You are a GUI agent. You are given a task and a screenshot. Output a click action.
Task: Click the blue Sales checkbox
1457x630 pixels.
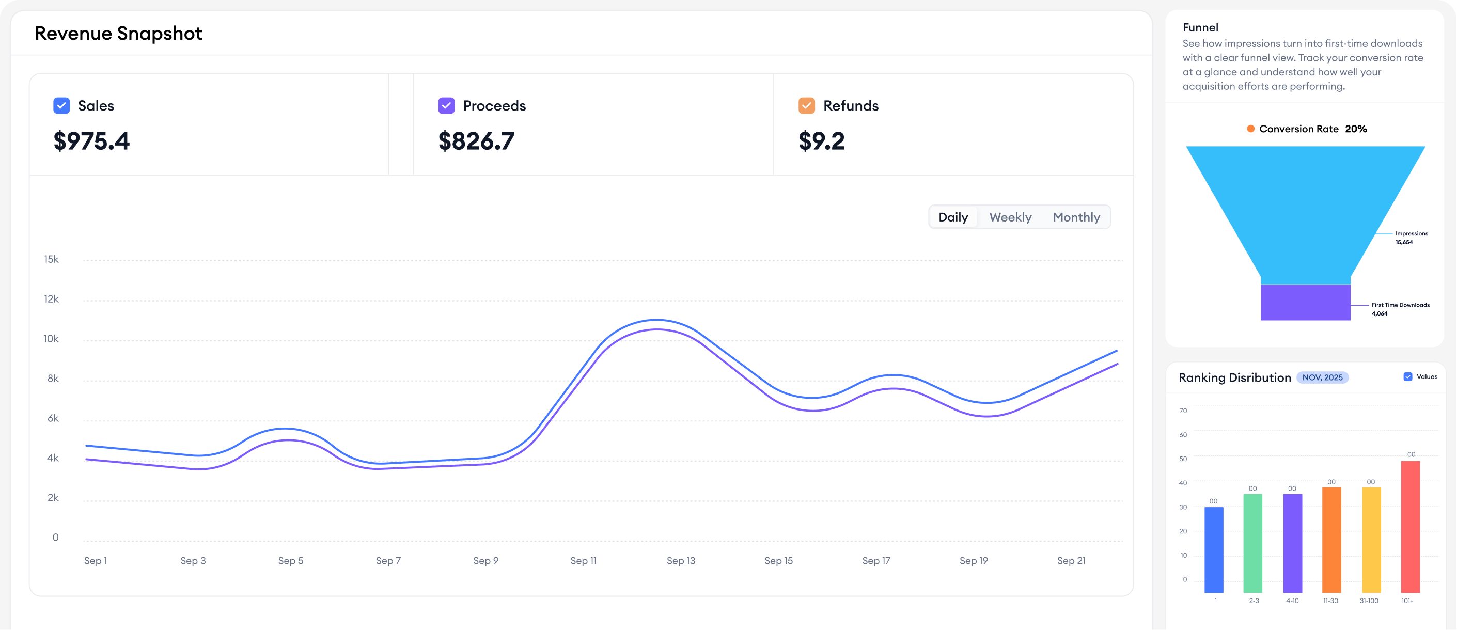coord(61,106)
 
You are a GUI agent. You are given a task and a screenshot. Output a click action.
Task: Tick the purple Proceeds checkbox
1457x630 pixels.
coord(446,106)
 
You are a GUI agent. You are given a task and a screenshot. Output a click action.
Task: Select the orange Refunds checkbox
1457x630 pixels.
coord(807,106)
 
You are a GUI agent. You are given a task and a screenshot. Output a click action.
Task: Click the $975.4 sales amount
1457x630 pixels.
coord(91,141)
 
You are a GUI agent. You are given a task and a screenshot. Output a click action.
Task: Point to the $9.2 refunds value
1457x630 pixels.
coord(821,141)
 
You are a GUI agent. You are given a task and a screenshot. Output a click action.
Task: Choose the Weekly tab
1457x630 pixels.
coord(1010,217)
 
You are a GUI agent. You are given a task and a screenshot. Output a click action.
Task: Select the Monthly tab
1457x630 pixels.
coord(1076,217)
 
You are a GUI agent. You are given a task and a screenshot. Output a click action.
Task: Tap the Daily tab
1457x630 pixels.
coord(953,217)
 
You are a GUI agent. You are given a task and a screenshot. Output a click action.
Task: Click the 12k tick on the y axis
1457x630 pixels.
coord(52,299)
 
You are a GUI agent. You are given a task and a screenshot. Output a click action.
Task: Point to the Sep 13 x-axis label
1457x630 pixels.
coord(681,560)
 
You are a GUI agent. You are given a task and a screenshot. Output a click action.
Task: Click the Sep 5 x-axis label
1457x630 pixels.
coord(291,560)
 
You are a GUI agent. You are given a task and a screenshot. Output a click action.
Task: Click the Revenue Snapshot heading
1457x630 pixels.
coord(119,34)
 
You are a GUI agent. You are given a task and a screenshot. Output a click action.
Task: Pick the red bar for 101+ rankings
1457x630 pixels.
coord(1410,526)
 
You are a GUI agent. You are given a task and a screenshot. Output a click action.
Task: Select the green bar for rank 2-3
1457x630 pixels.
coord(1253,543)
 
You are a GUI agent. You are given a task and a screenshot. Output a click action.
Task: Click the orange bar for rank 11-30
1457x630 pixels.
coord(1331,540)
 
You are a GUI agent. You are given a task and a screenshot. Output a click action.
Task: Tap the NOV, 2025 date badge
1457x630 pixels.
coord(1322,377)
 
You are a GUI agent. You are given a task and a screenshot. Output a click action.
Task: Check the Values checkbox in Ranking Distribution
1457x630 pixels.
coord(1408,376)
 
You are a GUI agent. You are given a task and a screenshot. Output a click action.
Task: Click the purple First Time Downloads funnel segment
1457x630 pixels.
coord(1306,303)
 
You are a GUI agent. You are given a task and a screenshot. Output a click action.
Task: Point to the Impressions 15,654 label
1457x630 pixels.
coord(1411,238)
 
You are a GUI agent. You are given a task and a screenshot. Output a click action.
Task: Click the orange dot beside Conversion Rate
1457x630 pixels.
coord(1250,129)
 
